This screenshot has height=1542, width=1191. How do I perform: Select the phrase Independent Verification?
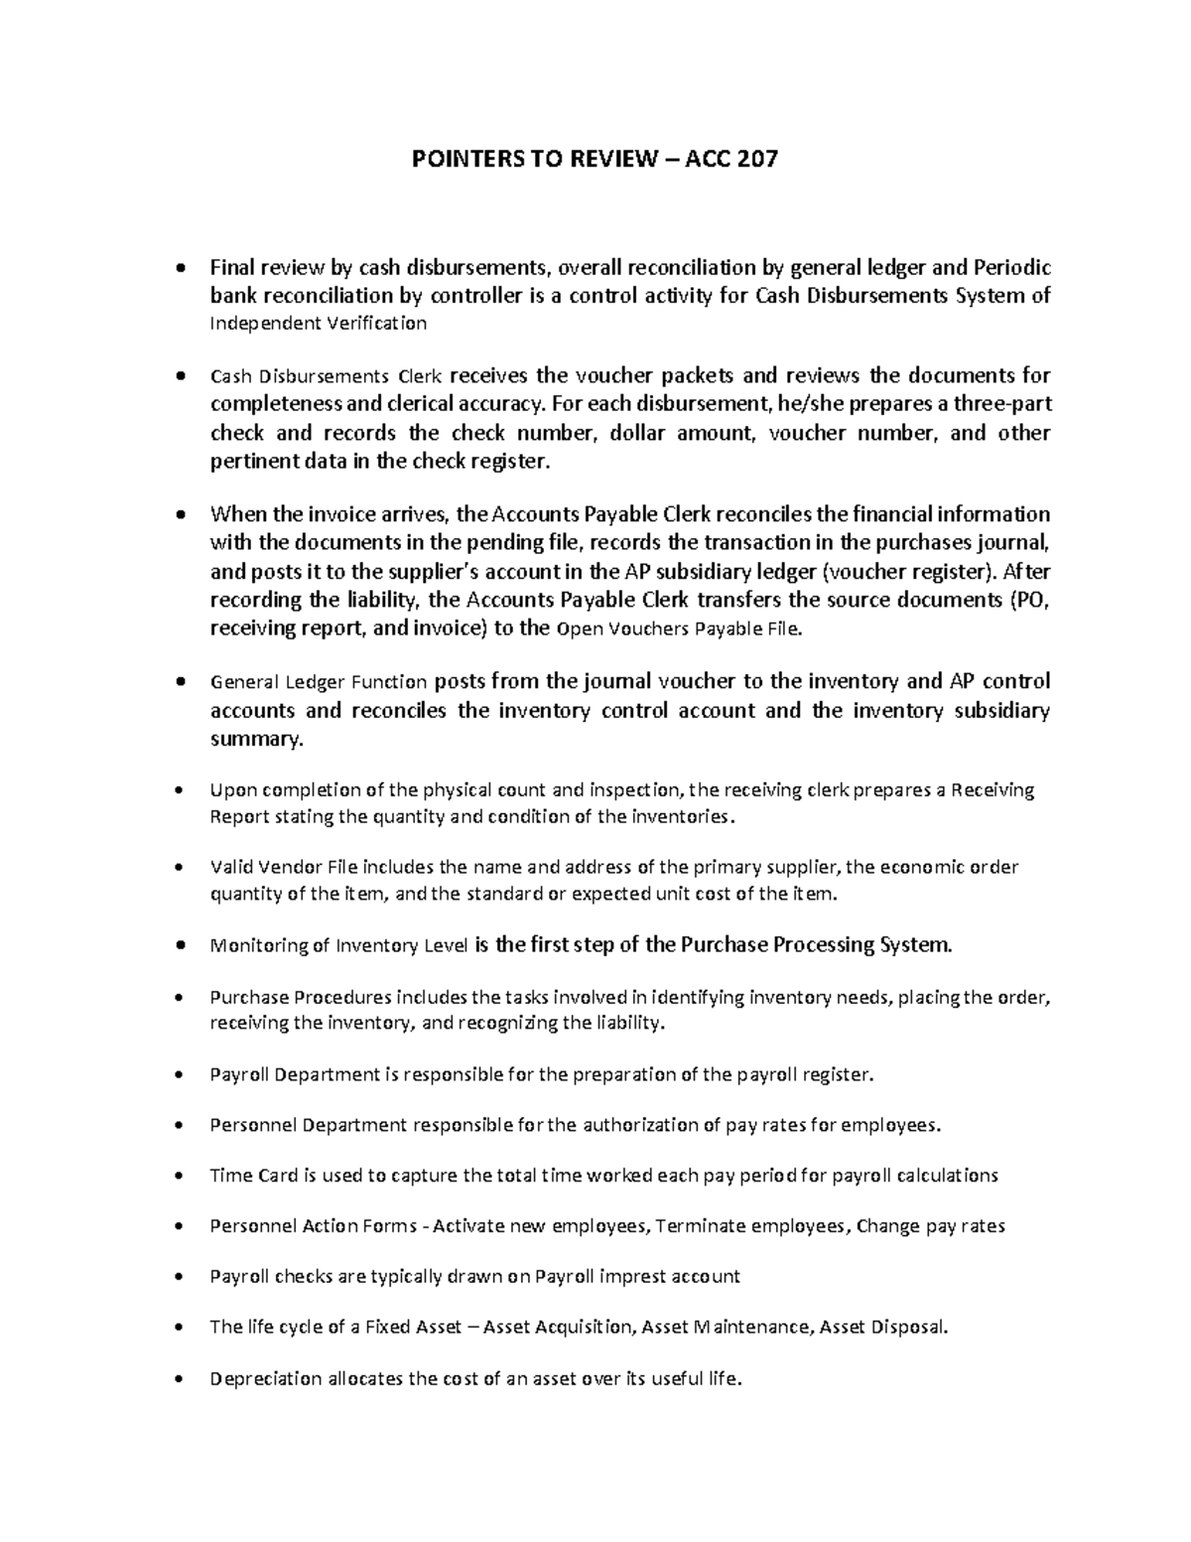pyautogui.click(x=319, y=324)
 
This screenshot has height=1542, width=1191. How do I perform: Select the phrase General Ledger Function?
pyautogui.click(x=319, y=682)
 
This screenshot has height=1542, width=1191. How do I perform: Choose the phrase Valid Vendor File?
pyautogui.click(x=282, y=867)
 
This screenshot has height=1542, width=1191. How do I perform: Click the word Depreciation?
pyautogui.click(x=266, y=1378)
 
